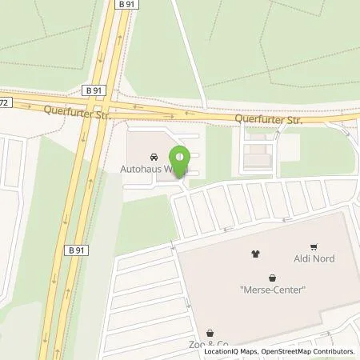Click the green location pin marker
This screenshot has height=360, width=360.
(181, 157)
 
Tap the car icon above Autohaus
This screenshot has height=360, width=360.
(154, 157)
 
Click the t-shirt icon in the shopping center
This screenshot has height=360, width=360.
(256, 254)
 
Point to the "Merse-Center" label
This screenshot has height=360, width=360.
(273, 290)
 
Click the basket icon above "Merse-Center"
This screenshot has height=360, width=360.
(274, 276)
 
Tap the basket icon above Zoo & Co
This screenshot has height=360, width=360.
(210, 332)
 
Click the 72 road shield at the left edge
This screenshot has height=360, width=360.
(4, 102)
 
